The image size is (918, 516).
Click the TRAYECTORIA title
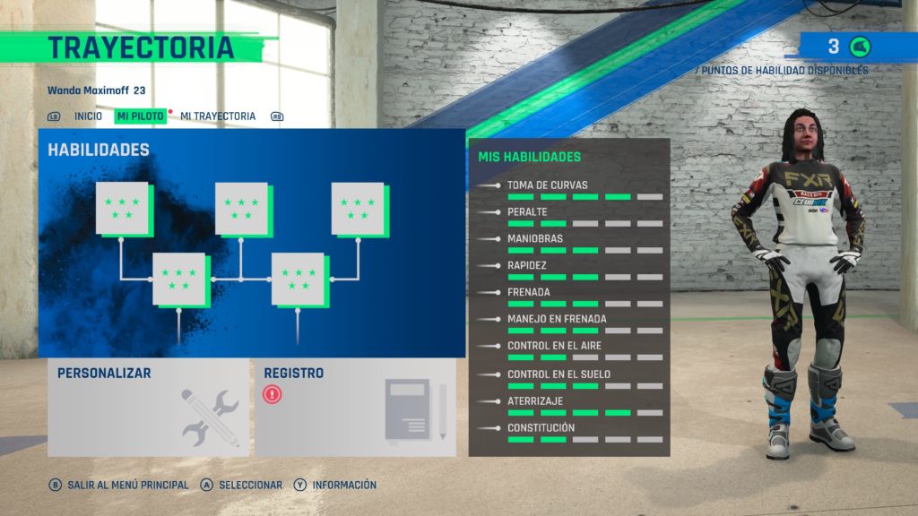click(141, 48)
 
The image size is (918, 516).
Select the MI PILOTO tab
click(141, 116)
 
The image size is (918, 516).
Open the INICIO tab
click(88, 116)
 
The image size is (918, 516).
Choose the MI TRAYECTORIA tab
click(218, 116)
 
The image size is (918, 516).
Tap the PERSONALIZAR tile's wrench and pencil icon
click(210, 417)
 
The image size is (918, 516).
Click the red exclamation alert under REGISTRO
click(273, 394)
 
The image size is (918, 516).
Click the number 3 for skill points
click(834, 47)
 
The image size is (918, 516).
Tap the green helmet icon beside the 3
click(860, 47)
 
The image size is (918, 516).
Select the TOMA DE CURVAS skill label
click(548, 185)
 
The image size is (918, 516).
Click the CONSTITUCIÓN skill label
click(541, 427)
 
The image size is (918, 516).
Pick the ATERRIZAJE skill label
click(535, 400)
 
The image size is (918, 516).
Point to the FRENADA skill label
click(529, 292)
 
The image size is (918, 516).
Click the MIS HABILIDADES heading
click(530, 157)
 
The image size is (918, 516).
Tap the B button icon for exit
click(55, 485)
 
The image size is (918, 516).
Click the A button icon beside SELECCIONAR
click(207, 485)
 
